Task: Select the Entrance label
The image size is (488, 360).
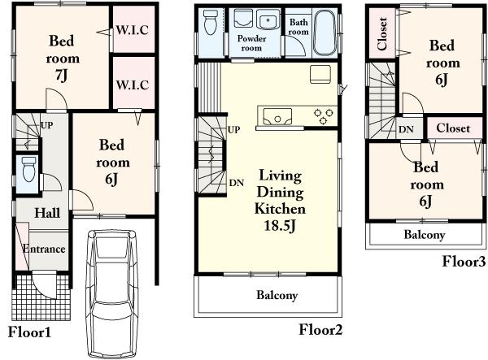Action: pyautogui.click(x=43, y=249)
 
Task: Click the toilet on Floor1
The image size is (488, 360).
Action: pyautogui.click(x=28, y=171)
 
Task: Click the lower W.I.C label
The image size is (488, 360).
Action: pyautogui.click(x=132, y=84)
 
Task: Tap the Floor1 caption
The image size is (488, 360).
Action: pyautogui.click(x=29, y=332)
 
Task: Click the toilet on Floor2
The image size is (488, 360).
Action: pyautogui.click(x=211, y=25)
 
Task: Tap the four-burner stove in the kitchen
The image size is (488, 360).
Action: pyautogui.click(x=324, y=116)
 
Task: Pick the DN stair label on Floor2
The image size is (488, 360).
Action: pyautogui.click(x=237, y=183)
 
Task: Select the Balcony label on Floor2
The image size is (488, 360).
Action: pyautogui.click(x=277, y=296)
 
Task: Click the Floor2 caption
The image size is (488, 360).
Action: pyautogui.click(x=320, y=329)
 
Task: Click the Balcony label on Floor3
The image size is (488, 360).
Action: pyautogui.click(x=425, y=235)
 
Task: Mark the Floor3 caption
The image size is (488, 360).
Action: pyautogui.click(x=464, y=261)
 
